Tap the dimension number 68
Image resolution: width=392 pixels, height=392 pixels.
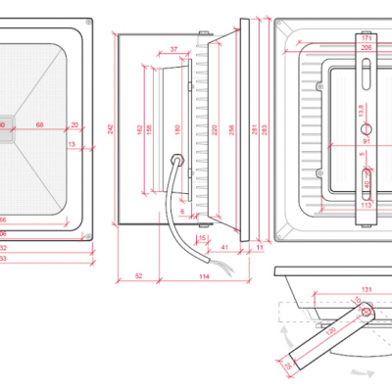tap(39, 125)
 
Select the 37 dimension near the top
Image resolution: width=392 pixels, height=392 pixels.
tap(173, 48)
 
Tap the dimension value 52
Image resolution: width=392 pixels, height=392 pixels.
tap(139, 277)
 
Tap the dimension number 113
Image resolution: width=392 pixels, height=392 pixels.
tap(367, 206)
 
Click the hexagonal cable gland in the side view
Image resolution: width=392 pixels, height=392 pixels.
tap(177, 159)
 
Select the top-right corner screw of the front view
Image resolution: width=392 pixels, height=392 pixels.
tap(86, 26)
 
